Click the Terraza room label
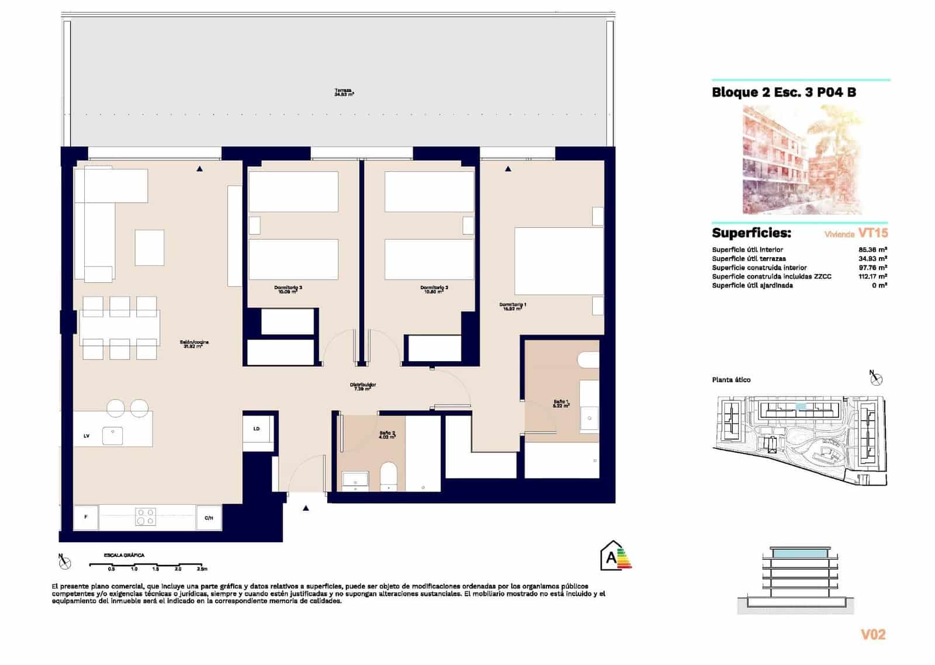344,92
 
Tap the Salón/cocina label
195,344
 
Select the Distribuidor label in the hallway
362,386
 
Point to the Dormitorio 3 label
288,289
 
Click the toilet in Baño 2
389,475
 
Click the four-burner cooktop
146,517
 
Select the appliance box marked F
86,517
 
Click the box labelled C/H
209,518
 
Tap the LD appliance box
257,430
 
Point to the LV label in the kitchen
86,436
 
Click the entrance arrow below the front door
306,508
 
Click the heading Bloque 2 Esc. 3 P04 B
784,92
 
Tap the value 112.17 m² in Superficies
873,276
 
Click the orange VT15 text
872,233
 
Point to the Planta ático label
731,380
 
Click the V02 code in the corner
873,635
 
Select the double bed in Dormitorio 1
558,261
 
